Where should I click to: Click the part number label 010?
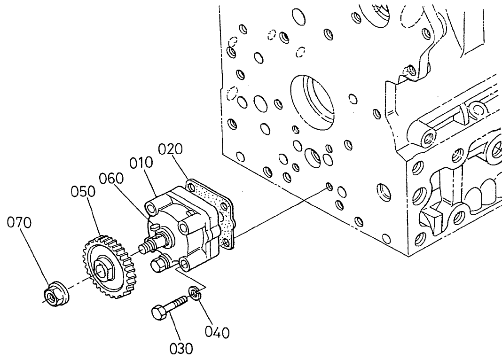pos(142,163)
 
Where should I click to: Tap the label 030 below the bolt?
pos(181,348)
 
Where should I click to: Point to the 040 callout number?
pos(218,332)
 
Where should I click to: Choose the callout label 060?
pos(111,179)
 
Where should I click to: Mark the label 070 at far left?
pos(19,223)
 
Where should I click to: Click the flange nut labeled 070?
pos(55,294)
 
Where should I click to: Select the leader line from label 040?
pos(206,310)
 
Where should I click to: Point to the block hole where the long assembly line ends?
pos(329,188)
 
